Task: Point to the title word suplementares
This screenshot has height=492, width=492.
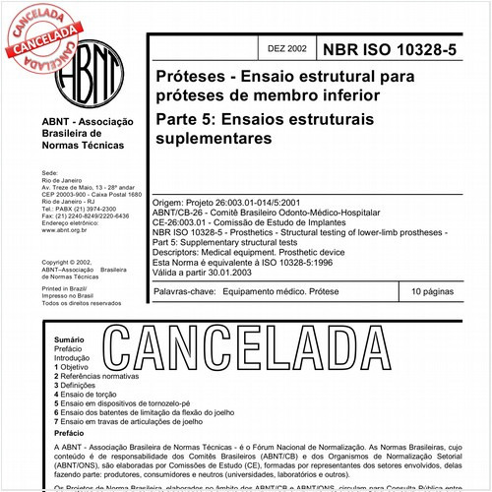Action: tap(213, 141)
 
